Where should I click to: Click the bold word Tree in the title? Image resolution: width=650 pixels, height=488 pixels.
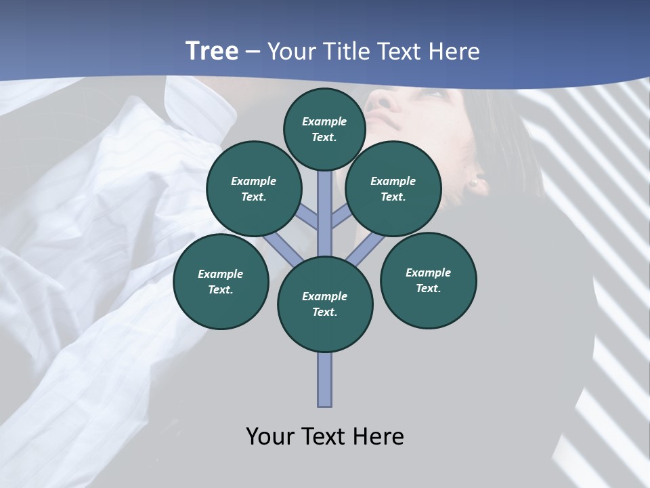[x=212, y=51]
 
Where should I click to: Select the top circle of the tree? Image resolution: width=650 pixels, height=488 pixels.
[x=324, y=129]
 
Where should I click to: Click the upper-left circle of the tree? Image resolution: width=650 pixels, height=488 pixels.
[x=253, y=189]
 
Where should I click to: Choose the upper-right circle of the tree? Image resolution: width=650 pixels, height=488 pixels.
[x=393, y=189]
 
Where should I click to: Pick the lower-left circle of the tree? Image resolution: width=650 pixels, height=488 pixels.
[x=221, y=282]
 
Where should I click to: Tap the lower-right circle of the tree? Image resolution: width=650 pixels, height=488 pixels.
[x=429, y=281]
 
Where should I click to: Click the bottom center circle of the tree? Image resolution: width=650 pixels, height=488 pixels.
[x=325, y=304]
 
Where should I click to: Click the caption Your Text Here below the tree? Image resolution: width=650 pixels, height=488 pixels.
[x=325, y=436]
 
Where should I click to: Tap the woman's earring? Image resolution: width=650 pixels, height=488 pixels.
[x=475, y=182]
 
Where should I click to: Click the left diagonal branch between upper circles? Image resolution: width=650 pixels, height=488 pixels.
[x=307, y=217]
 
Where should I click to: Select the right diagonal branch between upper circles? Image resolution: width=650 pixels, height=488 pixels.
[x=342, y=217]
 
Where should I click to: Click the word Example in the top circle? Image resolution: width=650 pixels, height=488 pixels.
[x=324, y=121]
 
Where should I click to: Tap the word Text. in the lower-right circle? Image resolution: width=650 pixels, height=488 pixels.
[x=429, y=288]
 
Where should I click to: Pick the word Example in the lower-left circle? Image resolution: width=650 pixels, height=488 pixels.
[x=221, y=274]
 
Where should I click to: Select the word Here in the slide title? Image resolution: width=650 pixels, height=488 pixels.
[x=456, y=52]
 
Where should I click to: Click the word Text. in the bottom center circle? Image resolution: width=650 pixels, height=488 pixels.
[x=325, y=312]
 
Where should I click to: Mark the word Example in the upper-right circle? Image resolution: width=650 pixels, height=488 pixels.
[x=393, y=181]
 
